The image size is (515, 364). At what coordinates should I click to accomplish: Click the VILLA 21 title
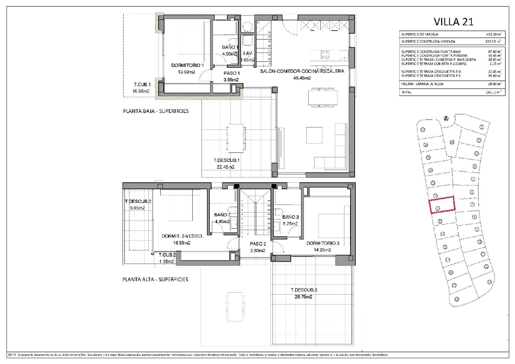pyautogui.click(x=454, y=22)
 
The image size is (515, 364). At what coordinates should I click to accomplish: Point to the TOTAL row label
pyautogui.click(x=407, y=92)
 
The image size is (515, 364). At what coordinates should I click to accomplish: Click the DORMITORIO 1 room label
pyautogui.click(x=187, y=65)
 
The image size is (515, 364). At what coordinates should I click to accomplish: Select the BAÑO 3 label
pyautogui.click(x=290, y=217)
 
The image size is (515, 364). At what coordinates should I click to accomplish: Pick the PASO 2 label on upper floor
pyautogui.click(x=258, y=244)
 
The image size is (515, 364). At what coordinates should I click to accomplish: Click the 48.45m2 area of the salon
pyautogui.click(x=302, y=78)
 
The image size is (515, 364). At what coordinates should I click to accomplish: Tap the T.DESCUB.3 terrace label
pyautogui.click(x=304, y=290)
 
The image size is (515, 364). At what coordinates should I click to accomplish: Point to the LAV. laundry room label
pyautogui.click(x=248, y=53)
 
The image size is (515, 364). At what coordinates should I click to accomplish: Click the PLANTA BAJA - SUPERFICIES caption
pyautogui.click(x=156, y=111)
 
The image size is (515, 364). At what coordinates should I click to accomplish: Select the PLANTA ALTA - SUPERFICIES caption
pyautogui.click(x=155, y=279)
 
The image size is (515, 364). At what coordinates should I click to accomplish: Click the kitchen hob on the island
pyautogui.click(x=325, y=54)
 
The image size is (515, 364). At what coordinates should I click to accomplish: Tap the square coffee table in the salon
pyautogui.click(x=314, y=135)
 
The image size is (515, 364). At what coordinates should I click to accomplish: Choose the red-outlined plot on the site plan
pyautogui.click(x=442, y=205)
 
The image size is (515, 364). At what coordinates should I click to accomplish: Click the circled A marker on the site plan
pyautogui.click(x=446, y=118)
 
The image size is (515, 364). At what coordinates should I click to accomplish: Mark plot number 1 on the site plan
pyautogui.click(x=482, y=127)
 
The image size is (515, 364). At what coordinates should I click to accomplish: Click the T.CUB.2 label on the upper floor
pyautogui.click(x=167, y=255)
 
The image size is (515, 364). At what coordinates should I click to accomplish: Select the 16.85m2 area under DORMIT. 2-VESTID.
pyautogui.click(x=182, y=243)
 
